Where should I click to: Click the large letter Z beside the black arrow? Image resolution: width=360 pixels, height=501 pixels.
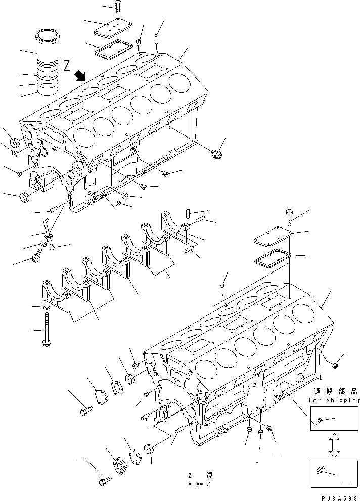click(68, 65)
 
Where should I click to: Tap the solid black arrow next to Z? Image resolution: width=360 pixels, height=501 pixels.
click(79, 76)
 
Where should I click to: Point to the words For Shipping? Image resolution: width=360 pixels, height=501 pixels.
click(334, 400)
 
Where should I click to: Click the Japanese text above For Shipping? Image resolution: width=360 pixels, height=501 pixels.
click(335, 391)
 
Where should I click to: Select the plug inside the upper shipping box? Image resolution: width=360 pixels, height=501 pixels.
click(320, 420)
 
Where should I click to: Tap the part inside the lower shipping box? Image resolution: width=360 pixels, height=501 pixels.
click(322, 470)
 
